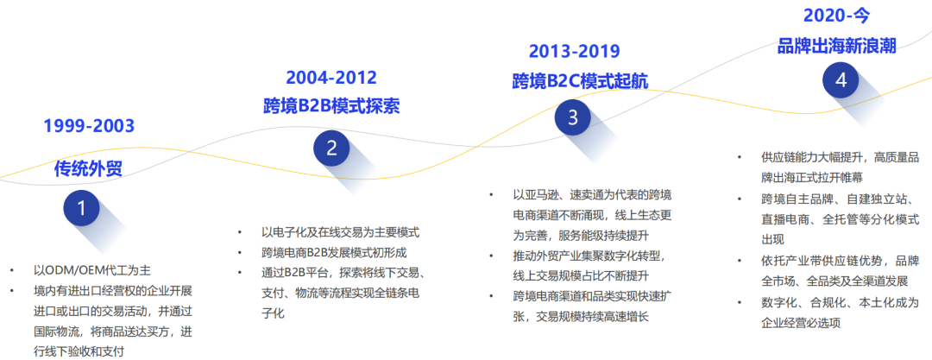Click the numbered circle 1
(81, 208)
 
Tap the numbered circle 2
(331, 148)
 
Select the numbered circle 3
(572, 117)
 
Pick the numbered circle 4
(841, 80)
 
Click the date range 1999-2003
(89, 126)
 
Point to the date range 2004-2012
(331, 78)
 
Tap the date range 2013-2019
(574, 51)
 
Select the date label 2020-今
(836, 16)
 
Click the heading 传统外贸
(89, 168)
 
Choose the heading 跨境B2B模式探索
(331, 106)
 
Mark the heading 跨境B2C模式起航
(580, 81)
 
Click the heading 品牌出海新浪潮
(837, 46)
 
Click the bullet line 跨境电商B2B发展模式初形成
(334, 252)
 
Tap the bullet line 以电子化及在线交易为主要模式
(341, 232)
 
